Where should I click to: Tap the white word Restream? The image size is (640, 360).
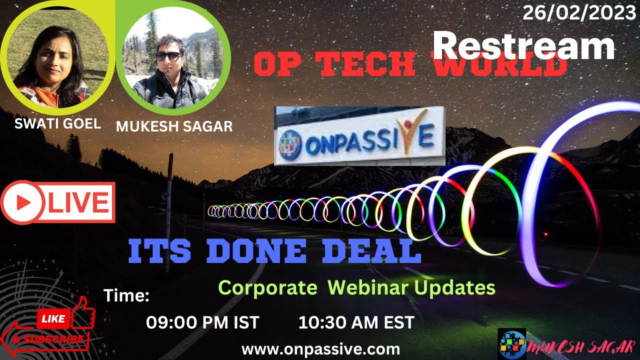[x=523, y=46]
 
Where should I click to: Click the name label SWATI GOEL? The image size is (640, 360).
[x=57, y=124]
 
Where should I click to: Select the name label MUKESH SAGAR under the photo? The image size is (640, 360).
[x=174, y=126]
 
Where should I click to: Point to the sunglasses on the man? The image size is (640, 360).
[x=168, y=55]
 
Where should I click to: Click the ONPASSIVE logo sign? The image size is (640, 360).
[x=359, y=136]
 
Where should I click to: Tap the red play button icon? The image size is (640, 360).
[x=22, y=202]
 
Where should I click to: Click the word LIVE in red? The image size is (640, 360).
[x=79, y=202]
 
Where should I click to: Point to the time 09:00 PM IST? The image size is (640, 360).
[x=202, y=322]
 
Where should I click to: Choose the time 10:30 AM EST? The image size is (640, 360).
[x=356, y=322]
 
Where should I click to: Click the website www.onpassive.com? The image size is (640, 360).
[x=320, y=348]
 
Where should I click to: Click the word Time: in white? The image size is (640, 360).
[x=126, y=296]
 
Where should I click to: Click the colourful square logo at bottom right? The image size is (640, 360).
[x=512, y=344]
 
